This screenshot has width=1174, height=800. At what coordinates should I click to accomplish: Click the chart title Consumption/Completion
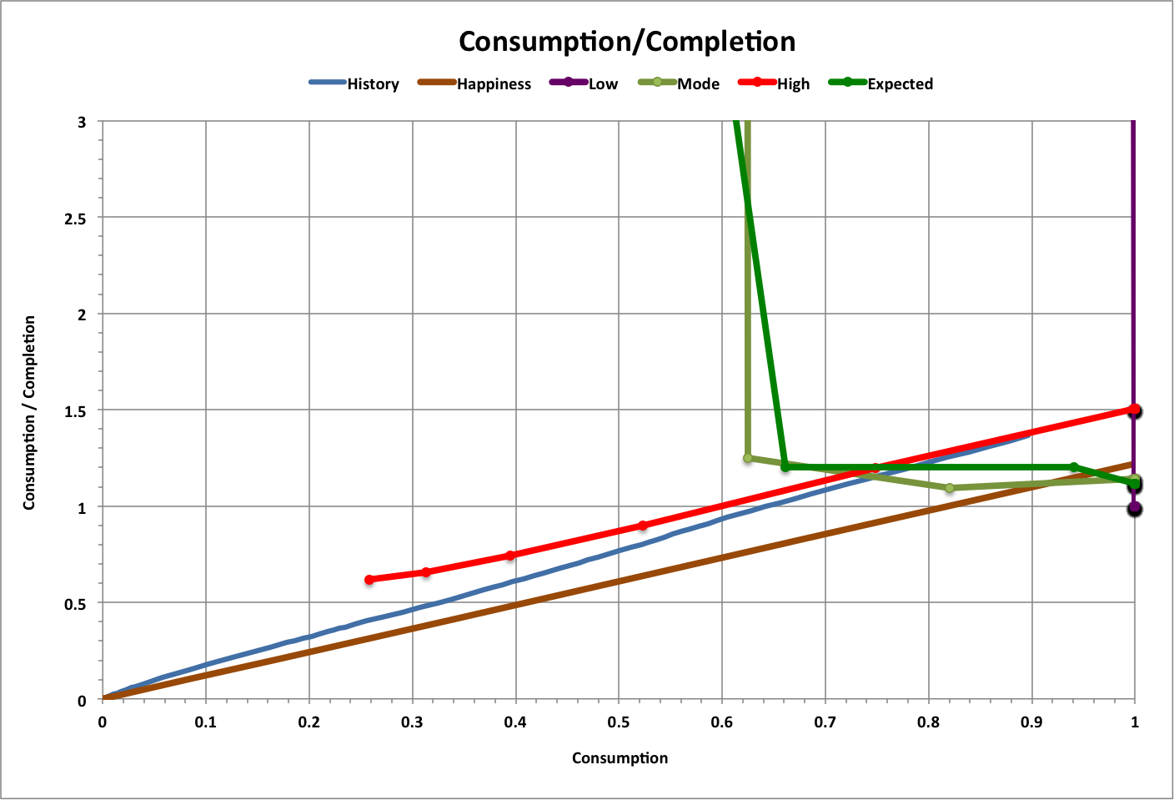pyautogui.click(x=627, y=42)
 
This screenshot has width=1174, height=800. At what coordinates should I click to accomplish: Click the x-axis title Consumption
pyautogui.click(x=620, y=757)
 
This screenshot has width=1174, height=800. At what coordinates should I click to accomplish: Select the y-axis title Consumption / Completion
pyautogui.click(x=29, y=412)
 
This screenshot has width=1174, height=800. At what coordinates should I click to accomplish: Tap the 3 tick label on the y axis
pyautogui.click(x=82, y=122)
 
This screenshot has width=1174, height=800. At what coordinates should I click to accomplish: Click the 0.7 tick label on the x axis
pyautogui.click(x=825, y=722)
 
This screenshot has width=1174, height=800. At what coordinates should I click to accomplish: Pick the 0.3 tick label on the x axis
pyautogui.click(x=412, y=722)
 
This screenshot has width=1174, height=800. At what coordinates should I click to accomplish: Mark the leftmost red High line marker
pyautogui.click(x=369, y=580)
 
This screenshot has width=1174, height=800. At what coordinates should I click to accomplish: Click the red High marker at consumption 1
pyautogui.click(x=1135, y=410)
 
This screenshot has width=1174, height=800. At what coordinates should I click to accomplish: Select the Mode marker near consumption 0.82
pyautogui.click(x=950, y=488)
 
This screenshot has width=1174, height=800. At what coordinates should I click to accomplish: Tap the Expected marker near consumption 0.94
pyautogui.click(x=1073, y=467)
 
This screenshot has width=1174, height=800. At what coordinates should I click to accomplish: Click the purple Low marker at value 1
pyautogui.click(x=1135, y=509)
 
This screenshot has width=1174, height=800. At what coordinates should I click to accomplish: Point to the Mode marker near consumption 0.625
pyautogui.click(x=748, y=458)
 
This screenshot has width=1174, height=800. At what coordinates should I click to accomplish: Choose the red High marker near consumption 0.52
pyautogui.click(x=642, y=526)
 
